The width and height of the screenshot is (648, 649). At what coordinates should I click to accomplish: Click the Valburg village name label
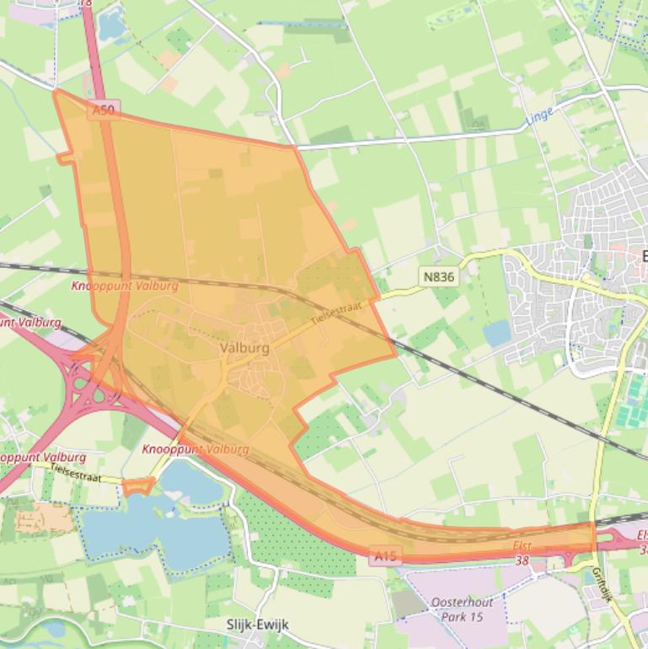[x=244, y=347]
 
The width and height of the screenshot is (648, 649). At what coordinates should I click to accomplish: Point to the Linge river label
[x=539, y=117]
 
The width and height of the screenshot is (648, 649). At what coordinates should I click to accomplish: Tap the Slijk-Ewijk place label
[x=258, y=625]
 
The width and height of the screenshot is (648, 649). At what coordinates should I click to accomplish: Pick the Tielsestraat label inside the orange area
[x=336, y=314]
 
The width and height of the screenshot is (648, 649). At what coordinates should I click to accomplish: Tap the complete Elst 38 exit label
[x=522, y=552]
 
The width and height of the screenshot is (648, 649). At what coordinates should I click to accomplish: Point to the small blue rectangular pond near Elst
[x=497, y=334]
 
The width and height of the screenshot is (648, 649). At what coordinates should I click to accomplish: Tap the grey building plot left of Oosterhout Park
[x=410, y=602]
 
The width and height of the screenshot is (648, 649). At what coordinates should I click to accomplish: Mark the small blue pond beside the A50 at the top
[x=110, y=25]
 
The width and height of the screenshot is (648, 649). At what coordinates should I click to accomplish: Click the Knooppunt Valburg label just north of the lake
[x=195, y=449]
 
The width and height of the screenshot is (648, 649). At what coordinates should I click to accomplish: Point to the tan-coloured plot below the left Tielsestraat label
[x=43, y=518]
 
